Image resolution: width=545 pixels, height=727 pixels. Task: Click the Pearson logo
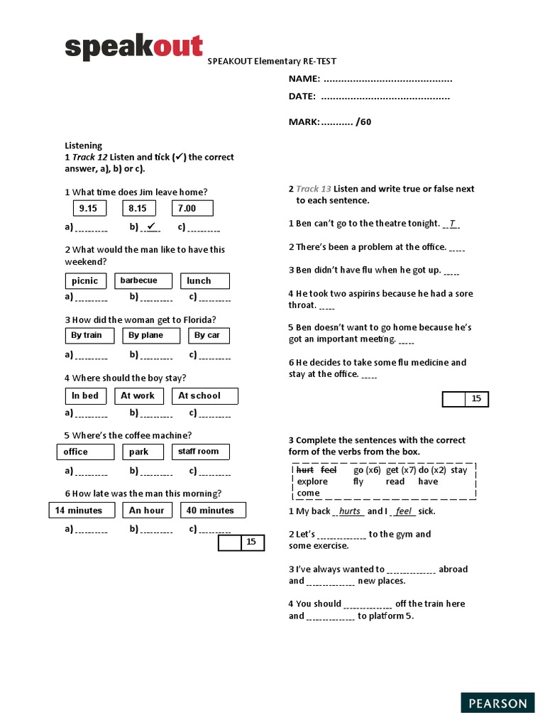click(x=497, y=703)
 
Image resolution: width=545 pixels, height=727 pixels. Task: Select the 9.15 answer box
click(x=89, y=208)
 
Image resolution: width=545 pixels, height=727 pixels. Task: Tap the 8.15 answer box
click(x=138, y=208)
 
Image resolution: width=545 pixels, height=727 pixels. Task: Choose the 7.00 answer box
click(x=192, y=208)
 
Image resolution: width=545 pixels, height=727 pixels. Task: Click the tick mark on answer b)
click(x=150, y=226)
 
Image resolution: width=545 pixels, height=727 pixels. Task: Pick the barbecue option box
click(x=144, y=281)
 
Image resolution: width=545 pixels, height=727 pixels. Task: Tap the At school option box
click(x=204, y=396)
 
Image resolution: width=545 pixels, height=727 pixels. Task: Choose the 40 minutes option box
click(x=212, y=510)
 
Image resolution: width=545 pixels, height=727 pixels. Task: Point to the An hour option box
click(x=147, y=510)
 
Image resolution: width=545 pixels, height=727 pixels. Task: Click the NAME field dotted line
click(x=387, y=79)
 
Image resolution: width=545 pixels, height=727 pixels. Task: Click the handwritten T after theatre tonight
click(x=452, y=224)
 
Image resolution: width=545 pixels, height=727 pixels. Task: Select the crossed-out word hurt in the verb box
click(x=305, y=470)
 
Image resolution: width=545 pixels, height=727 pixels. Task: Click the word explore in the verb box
click(x=312, y=481)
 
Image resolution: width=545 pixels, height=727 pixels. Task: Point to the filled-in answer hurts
click(x=350, y=511)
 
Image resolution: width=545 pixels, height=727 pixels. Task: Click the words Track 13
click(x=313, y=189)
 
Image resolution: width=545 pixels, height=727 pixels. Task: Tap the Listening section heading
click(x=84, y=146)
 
